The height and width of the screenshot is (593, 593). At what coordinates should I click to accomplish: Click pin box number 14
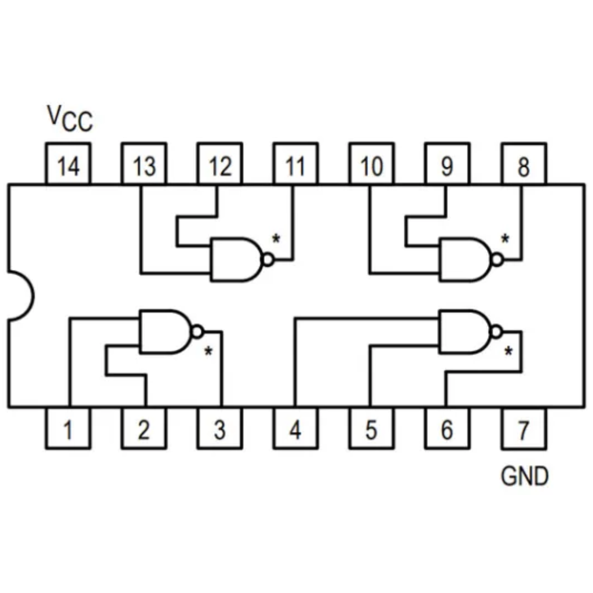click(68, 165)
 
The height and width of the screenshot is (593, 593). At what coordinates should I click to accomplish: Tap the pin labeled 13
click(144, 165)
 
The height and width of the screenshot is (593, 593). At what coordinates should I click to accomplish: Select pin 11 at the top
click(295, 165)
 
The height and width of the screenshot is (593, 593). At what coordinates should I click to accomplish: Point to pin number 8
click(523, 165)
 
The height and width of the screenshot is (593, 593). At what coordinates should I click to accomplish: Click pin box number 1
click(68, 429)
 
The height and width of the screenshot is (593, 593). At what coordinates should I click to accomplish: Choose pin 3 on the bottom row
click(219, 429)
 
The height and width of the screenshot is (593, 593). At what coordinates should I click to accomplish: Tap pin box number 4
click(295, 429)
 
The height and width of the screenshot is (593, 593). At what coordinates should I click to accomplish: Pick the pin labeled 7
click(523, 429)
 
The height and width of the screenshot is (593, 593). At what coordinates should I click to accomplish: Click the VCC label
click(69, 118)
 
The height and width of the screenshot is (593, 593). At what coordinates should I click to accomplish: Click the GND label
click(524, 476)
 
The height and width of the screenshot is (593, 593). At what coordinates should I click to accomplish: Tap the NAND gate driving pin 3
click(164, 331)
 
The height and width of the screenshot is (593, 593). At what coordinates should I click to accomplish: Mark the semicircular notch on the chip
click(21, 295)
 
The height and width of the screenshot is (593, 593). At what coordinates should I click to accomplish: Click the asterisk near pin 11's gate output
click(276, 238)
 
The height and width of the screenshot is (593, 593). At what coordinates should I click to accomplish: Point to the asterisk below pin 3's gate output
click(208, 351)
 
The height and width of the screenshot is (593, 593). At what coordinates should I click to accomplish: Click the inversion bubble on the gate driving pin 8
click(497, 259)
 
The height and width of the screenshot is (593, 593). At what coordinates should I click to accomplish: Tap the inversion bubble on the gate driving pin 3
click(197, 332)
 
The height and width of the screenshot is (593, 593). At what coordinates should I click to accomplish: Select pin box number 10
click(371, 165)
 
